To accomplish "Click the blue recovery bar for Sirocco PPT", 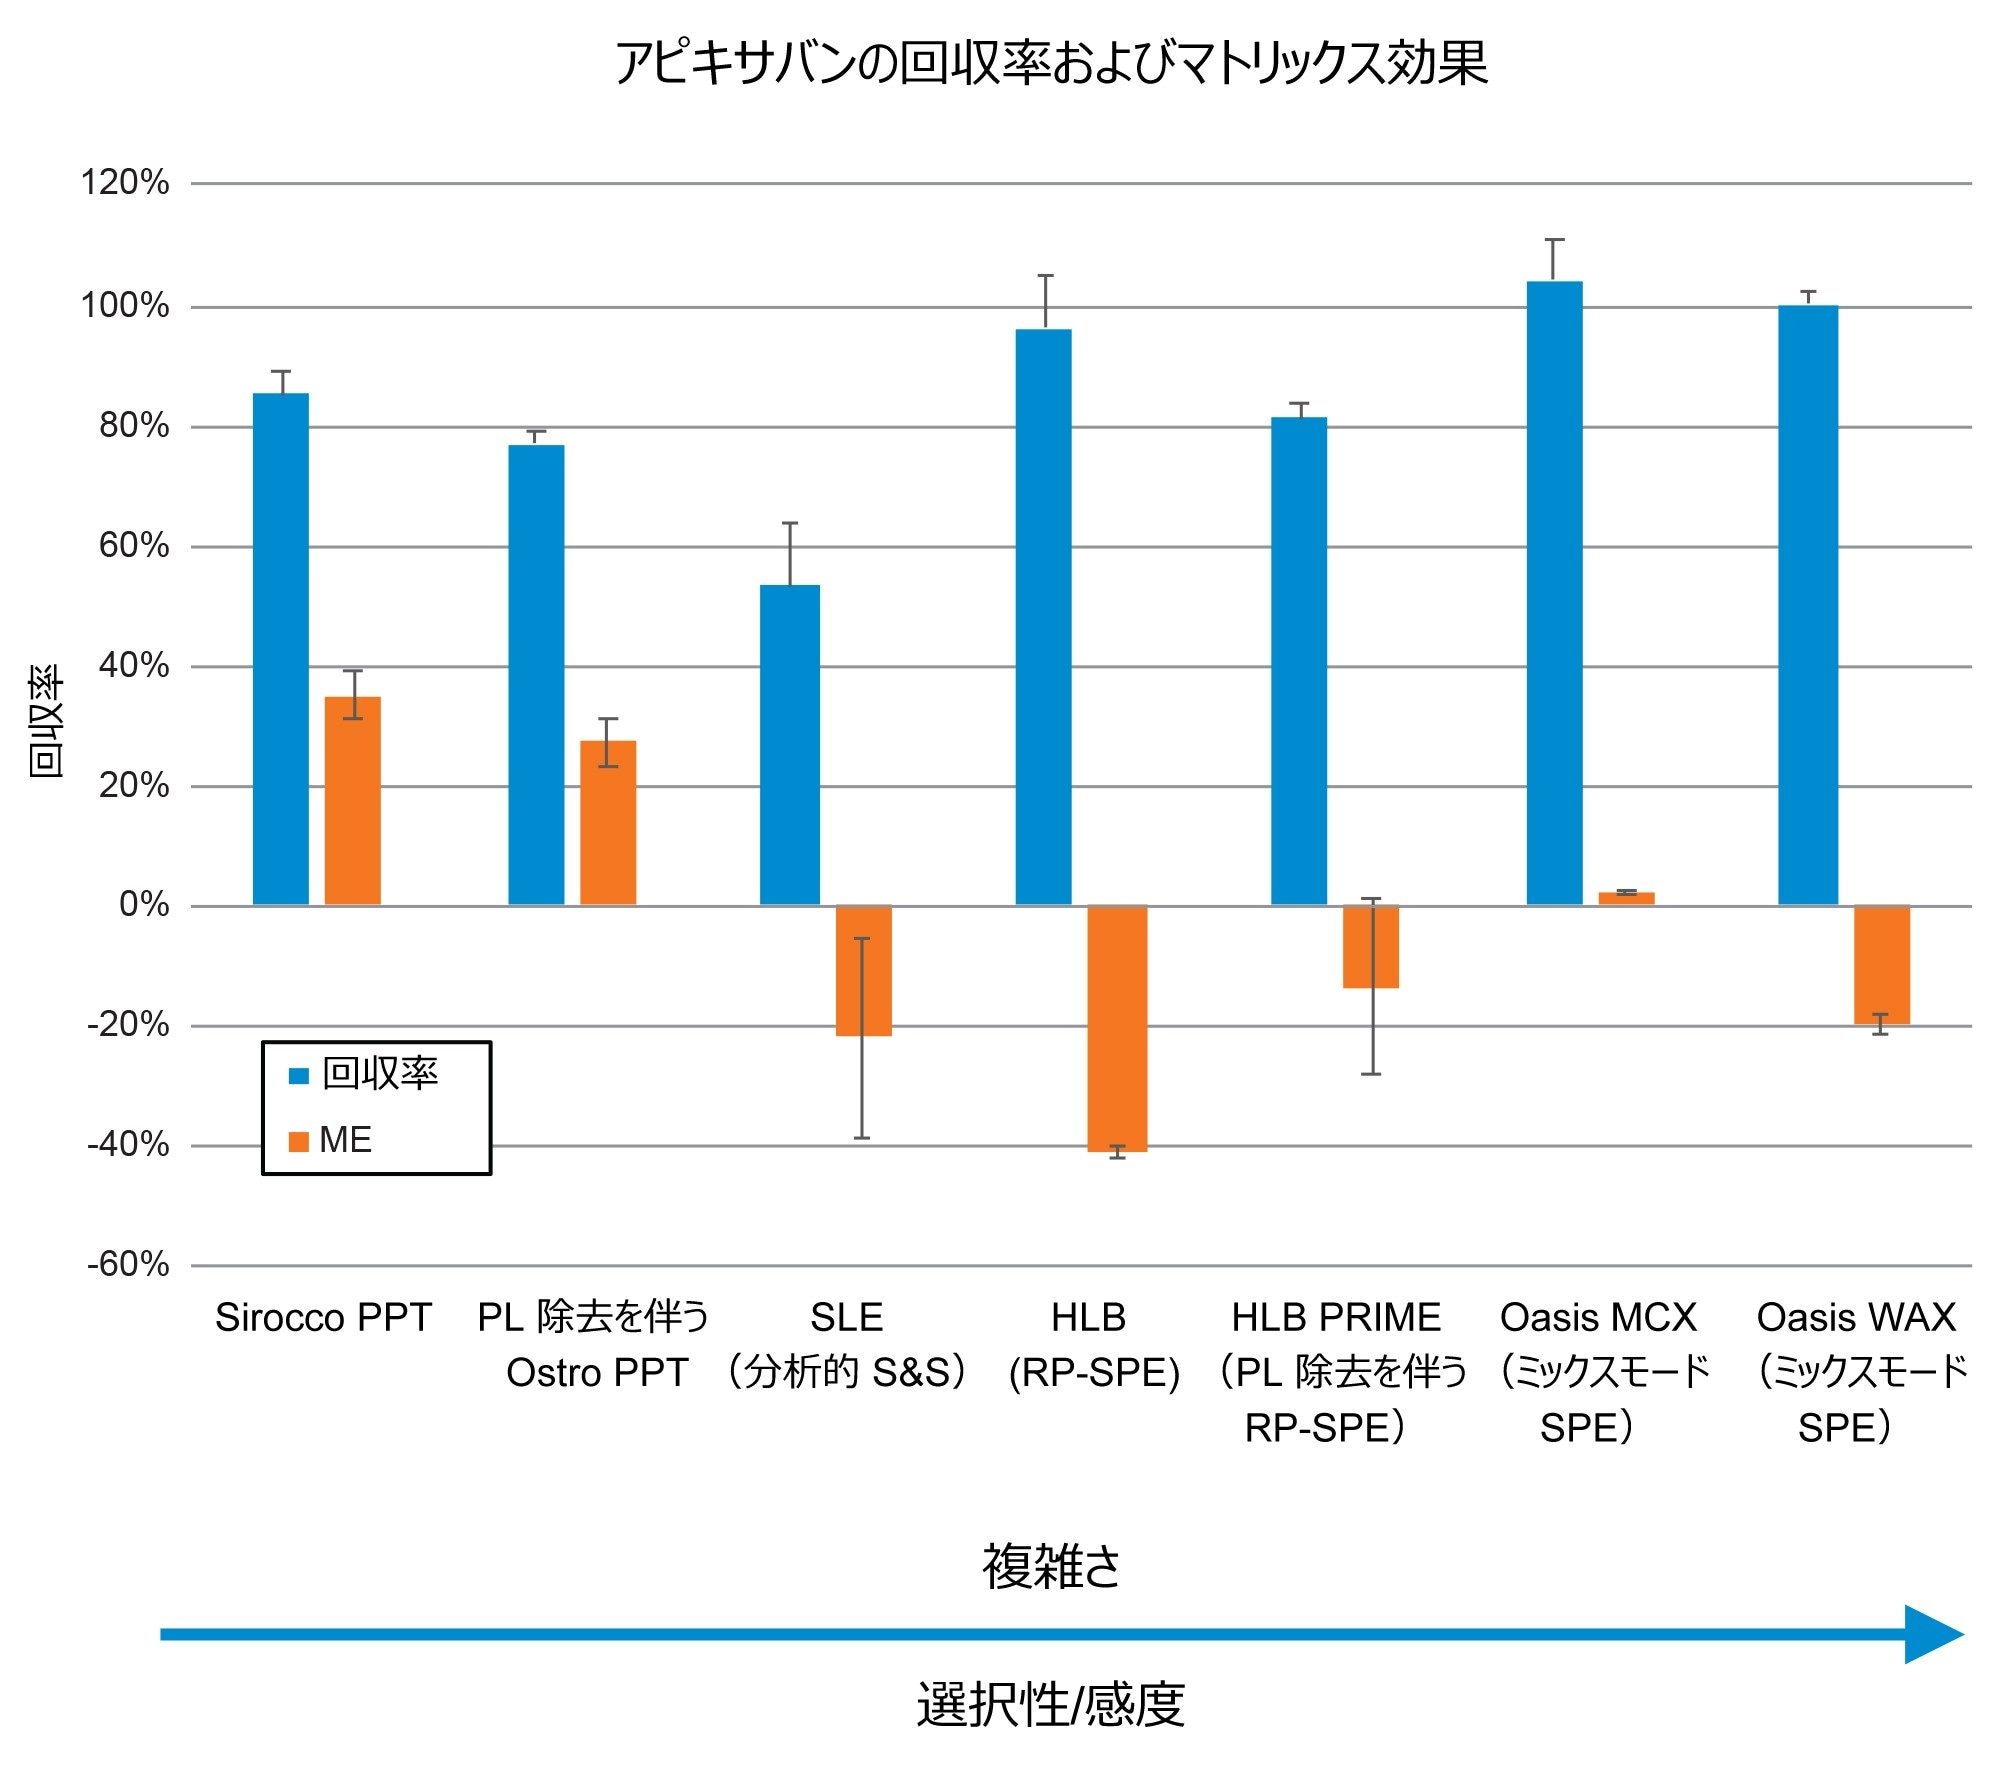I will (x=280, y=649).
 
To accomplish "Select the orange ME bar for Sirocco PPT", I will (x=352, y=800).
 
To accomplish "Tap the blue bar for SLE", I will (x=789, y=745).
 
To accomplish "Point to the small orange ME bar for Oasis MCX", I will (x=1626, y=898).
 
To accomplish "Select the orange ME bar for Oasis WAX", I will (x=1881, y=965).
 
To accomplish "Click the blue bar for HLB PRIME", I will (x=1298, y=661).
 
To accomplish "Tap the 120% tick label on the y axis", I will (x=125, y=183).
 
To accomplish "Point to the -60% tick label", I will (x=128, y=1265).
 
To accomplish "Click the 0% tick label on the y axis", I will (x=144, y=905).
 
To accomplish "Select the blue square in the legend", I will (x=298, y=1076).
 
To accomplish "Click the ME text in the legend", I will (x=345, y=1140).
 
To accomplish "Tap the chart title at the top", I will (x=1050, y=63).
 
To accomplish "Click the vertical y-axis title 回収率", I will (x=46, y=721).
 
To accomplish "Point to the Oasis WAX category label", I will (x=1856, y=1318).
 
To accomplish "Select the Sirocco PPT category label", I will (x=323, y=1318).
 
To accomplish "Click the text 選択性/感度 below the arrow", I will (x=1050, y=1705).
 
